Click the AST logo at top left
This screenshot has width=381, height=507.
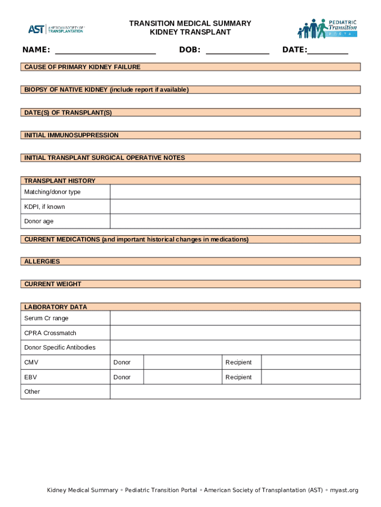click(56, 29)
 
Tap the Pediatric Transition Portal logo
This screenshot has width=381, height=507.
click(327, 28)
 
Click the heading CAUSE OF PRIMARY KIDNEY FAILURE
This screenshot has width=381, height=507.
click(83, 67)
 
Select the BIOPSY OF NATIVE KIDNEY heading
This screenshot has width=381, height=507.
click(106, 90)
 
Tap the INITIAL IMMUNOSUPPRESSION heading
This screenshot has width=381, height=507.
click(72, 135)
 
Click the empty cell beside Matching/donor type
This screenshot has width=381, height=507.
click(235, 192)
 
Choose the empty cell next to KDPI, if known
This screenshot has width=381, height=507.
click(235, 206)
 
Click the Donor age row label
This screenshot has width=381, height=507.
click(39, 221)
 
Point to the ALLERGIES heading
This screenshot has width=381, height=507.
click(42, 261)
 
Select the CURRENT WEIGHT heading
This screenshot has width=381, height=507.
click(53, 284)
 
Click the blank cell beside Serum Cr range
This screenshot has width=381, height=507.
click(235, 318)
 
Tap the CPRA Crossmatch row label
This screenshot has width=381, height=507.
click(50, 333)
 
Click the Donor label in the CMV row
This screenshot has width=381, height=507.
click(122, 362)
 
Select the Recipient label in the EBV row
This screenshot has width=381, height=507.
click(238, 377)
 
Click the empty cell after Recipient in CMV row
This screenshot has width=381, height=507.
click(311, 362)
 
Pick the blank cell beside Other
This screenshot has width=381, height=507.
click(235, 392)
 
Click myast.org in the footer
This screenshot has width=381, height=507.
click(344, 490)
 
